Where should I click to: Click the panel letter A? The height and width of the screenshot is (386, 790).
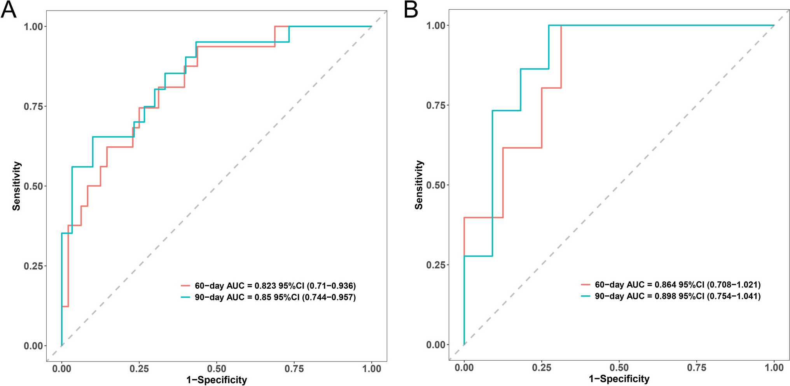click(9, 10)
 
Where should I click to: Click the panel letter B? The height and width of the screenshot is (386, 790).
click(411, 10)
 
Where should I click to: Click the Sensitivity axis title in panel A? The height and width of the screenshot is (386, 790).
click(16, 186)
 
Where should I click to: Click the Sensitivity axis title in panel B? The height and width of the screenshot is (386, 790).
click(419, 185)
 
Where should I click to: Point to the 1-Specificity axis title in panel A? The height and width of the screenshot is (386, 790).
click(217, 380)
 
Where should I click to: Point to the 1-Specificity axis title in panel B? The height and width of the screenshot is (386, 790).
click(619, 379)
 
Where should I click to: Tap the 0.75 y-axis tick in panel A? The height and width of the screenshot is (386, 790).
click(33, 106)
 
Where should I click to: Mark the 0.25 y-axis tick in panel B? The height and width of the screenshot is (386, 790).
click(435, 265)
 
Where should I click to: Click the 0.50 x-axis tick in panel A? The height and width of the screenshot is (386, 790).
click(217, 368)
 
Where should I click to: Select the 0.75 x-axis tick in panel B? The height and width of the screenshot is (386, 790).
click(697, 368)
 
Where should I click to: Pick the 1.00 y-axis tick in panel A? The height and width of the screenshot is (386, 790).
click(33, 26)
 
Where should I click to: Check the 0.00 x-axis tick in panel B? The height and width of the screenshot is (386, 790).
click(464, 368)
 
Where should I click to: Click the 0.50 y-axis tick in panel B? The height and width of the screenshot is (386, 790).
click(435, 185)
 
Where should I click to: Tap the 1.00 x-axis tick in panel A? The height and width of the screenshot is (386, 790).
click(372, 368)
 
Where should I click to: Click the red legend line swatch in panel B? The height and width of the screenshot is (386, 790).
click(586, 285)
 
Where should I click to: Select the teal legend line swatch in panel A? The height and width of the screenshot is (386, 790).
click(185, 298)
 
